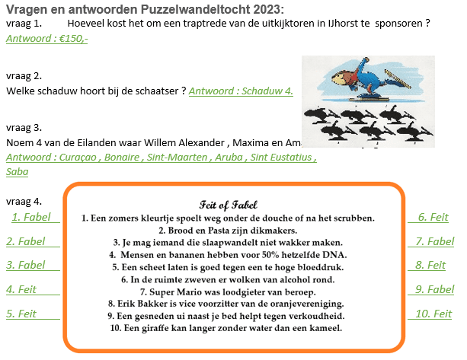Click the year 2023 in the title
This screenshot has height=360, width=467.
[261, 9]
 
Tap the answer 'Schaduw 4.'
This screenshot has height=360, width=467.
[241, 91]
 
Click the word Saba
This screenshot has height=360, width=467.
[17, 171]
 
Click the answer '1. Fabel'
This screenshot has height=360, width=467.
[32, 218]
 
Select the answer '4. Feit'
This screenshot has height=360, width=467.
[21, 289]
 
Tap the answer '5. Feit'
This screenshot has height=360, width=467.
[21, 314]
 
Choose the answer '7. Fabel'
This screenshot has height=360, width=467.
[436, 242]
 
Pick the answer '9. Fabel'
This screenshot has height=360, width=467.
[436, 289]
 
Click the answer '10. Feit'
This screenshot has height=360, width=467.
[435, 314]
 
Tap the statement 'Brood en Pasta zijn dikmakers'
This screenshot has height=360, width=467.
[228, 230]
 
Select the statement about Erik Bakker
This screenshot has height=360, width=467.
[228, 303]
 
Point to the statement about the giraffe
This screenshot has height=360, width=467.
[228, 328]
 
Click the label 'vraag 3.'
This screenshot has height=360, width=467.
[23, 127]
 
